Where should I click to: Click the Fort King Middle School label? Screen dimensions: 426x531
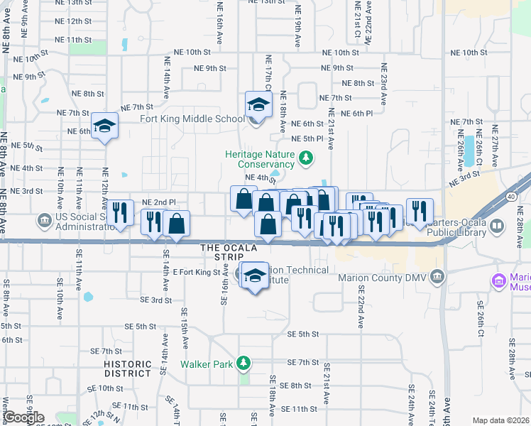tap(192, 119)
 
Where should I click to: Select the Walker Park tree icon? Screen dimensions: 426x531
tap(244, 364)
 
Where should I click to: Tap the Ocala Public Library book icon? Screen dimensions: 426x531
tap(497, 226)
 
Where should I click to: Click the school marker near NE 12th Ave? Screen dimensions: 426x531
tap(105, 126)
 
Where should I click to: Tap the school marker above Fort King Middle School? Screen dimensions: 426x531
tap(258, 105)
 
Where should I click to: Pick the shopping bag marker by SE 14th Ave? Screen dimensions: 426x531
tap(176, 224)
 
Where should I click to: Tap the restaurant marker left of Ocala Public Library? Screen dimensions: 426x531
tap(420, 211)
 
